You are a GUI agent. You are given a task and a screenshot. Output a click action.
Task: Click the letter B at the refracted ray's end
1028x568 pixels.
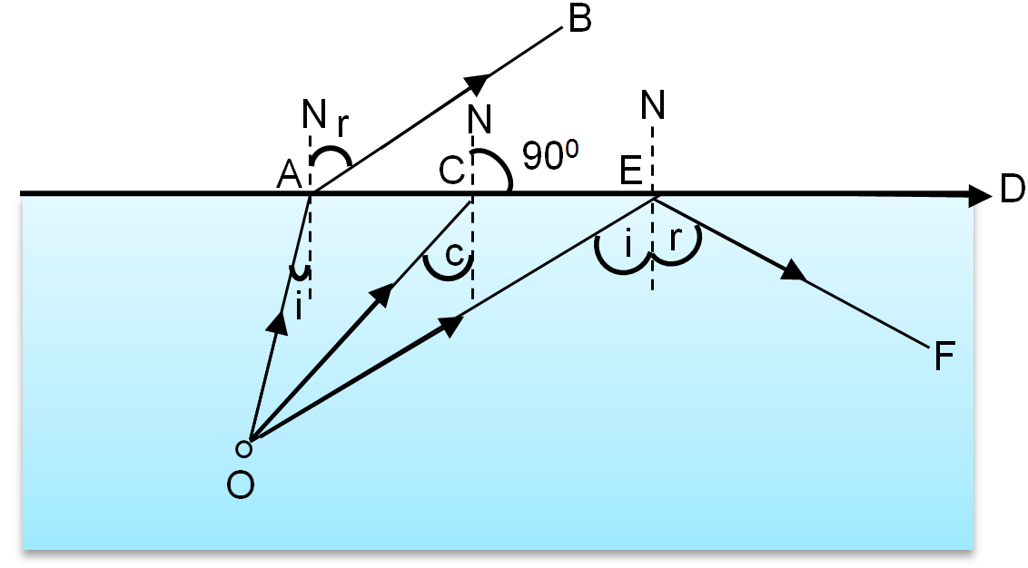(x=578, y=19)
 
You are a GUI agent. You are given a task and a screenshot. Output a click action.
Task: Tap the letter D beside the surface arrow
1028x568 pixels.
(x=1011, y=191)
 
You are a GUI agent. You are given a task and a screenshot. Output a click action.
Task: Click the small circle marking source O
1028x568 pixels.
(x=242, y=446)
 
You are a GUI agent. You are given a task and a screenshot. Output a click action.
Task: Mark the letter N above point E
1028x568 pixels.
(x=652, y=106)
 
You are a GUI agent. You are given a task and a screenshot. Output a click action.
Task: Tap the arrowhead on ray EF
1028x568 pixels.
(x=793, y=270)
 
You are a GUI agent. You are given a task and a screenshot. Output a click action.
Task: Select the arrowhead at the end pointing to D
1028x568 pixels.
(x=979, y=194)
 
